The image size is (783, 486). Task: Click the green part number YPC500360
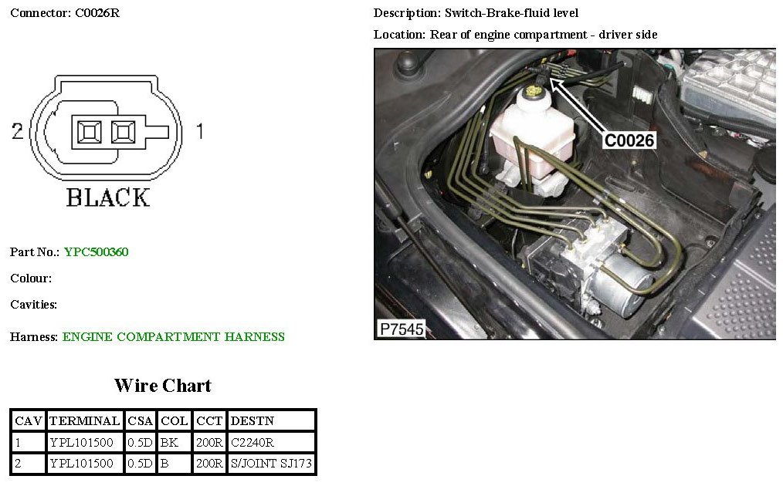pos(96,252)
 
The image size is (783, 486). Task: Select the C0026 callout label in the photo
pos(629,140)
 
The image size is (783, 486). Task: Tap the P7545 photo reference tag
pos(401,329)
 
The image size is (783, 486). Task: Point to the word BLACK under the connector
pos(107,197)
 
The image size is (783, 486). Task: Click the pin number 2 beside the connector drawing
pos(17,132)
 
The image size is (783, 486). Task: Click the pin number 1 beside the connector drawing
pos(199,132)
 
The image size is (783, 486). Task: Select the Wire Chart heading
pos(162,386)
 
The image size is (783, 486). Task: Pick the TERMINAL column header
pos(84,421)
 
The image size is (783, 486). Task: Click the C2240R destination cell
pos(253,443)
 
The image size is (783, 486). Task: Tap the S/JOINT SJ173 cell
pos(271,464)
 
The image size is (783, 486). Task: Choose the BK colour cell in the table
pos(168,443)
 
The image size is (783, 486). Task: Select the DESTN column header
pos(252,421)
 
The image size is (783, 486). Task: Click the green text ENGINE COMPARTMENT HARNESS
pos(174,337)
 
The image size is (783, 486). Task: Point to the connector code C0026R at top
pos(97,13)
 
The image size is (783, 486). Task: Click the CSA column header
pos(140,421)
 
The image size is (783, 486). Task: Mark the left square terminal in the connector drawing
pos(89,132)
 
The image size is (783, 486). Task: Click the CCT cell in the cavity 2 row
pos(210,464)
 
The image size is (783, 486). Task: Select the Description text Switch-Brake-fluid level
pos(511,13)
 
